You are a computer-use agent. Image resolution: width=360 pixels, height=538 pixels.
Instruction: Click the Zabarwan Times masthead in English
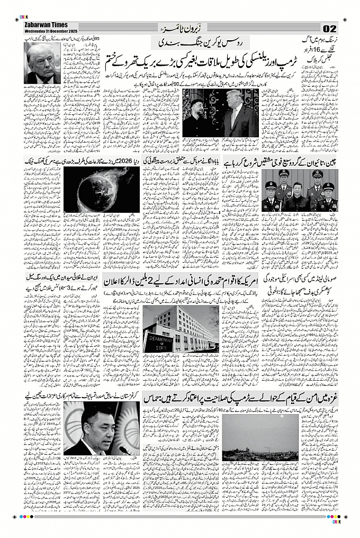(x=45, y=25)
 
